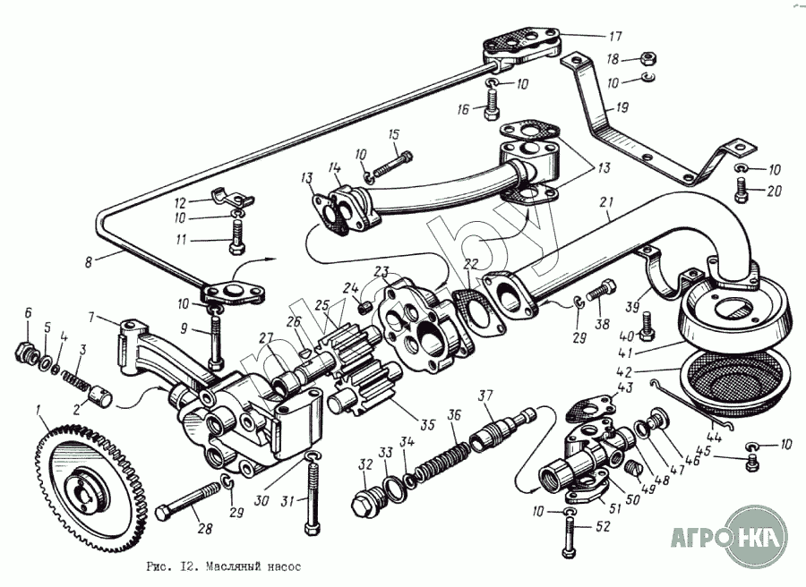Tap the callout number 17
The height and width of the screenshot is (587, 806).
tap(614, 37)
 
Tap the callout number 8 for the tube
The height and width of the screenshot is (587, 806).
tap(88, 264)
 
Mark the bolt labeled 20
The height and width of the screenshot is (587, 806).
tap(742, 189)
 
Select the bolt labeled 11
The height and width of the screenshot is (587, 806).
tap(236, 235)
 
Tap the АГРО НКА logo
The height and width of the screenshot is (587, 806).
tap(731, 537)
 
